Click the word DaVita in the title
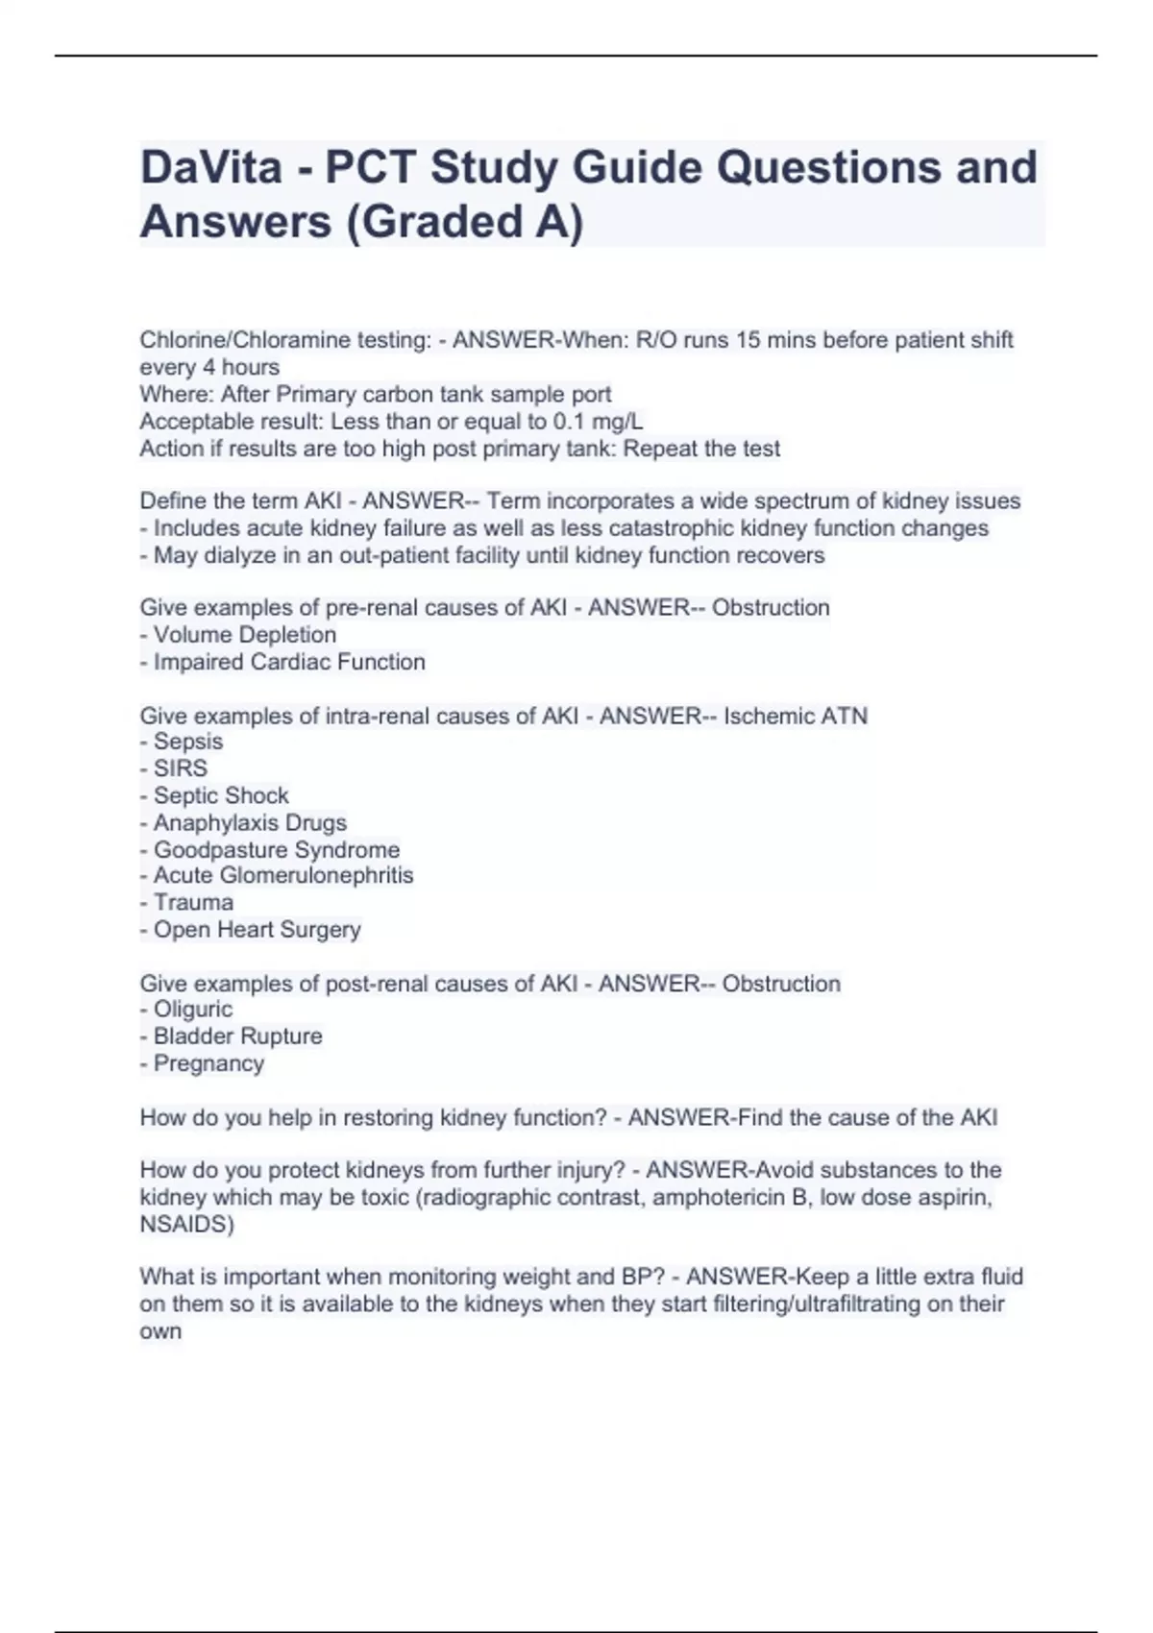[211, 167]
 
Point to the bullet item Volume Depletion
[244, 635]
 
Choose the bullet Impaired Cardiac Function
[288, 662]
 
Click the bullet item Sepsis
[187, 742]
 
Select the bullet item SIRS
[180, 768]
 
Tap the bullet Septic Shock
[220, 795]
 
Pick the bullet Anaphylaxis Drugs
[249, 823]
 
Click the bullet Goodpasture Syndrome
[276, 850]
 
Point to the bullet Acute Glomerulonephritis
[282, 875]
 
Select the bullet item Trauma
[192, 902]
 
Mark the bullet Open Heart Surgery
[257, 930]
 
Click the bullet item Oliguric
[192, 1010]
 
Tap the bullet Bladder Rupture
[237, 1036]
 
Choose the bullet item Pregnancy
[208, 1063]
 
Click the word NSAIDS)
[186, 1225]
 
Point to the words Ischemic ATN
[796, 716]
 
